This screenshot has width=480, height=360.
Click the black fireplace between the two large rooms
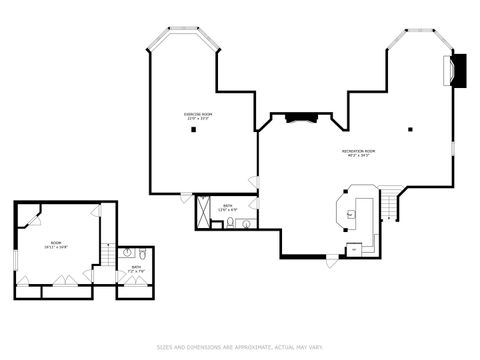pos(301,118)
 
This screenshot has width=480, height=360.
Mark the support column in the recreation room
pos(410,129)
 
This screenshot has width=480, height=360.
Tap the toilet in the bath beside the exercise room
pos(230,224)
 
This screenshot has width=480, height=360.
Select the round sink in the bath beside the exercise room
pos(246,224)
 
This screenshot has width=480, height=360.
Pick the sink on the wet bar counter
pos(351,212)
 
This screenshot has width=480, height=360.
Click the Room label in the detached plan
pos(56,244)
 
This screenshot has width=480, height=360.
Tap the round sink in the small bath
pos(127,254)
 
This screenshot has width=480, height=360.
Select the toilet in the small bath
pos(143,254)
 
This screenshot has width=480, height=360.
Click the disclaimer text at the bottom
pos(240,348)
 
